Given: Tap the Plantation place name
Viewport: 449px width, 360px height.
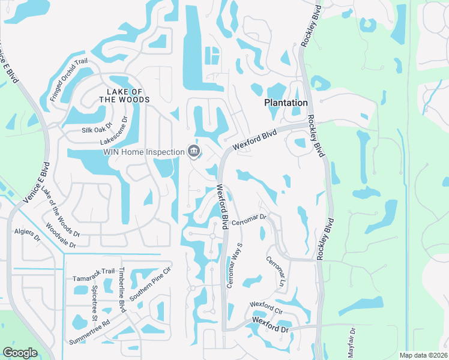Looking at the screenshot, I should (x=286, y=103).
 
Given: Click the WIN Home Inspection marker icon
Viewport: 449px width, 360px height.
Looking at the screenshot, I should (x=194, y=151).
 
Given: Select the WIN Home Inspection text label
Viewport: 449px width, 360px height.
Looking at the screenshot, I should (x=144, y=152).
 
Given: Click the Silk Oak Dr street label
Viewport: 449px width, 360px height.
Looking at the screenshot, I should (x=97, y=130).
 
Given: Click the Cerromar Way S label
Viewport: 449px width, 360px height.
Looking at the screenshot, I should (x=234, y=266).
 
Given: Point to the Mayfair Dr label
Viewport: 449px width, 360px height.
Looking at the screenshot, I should (x=353, y=340).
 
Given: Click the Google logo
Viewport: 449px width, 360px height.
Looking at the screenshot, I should (x=20, y=353).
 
